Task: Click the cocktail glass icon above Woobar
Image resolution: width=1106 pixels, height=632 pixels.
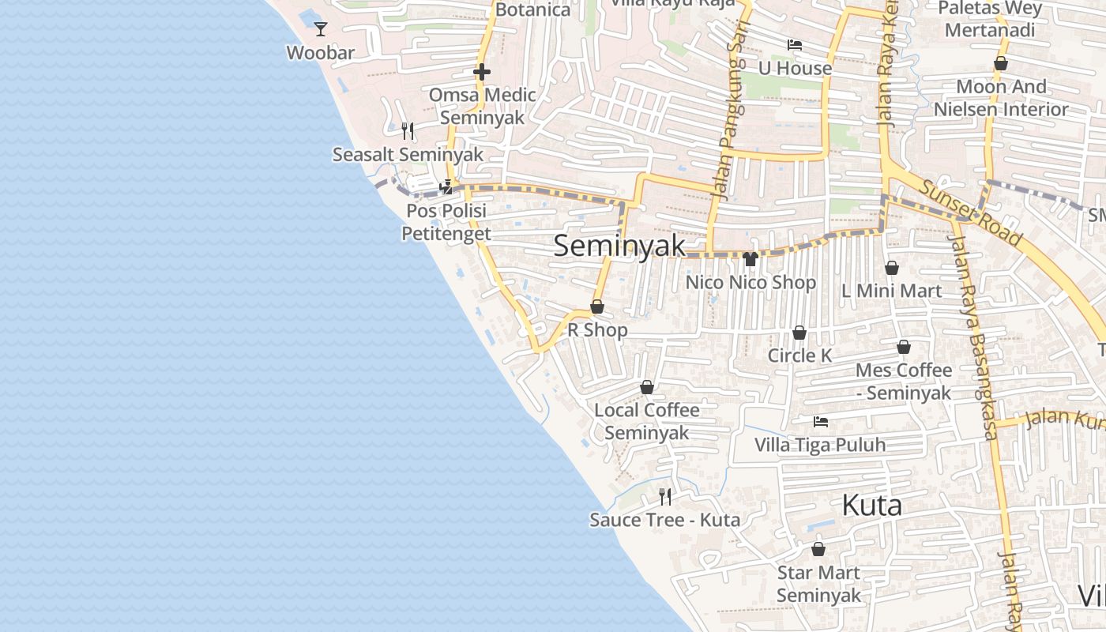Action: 320,29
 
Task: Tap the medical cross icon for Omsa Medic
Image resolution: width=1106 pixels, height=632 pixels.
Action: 481,72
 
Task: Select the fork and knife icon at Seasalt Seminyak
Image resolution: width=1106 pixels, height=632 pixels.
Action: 408,131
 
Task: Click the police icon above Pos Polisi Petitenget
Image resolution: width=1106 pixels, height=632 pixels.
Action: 446,187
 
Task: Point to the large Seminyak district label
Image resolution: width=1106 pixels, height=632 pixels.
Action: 619,246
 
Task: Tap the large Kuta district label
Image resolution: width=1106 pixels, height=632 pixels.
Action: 872,505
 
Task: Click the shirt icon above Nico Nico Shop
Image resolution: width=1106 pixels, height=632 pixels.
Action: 750,258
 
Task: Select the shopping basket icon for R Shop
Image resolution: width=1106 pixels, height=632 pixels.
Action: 597,307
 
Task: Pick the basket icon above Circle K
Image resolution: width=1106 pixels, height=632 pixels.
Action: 799,333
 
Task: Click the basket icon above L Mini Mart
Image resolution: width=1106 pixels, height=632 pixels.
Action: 891,268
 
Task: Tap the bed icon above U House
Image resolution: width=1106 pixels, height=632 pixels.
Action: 795,45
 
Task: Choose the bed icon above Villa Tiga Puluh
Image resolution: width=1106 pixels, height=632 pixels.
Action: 821,422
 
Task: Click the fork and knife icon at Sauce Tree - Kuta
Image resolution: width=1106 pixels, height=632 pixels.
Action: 665,496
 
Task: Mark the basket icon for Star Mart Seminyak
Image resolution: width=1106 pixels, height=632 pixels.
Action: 818,548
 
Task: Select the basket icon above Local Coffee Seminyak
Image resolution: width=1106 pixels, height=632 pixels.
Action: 647,387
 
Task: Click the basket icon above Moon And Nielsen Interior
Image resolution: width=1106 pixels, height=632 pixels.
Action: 1001,63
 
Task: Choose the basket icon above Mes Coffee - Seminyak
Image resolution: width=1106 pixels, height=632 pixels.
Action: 904,347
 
